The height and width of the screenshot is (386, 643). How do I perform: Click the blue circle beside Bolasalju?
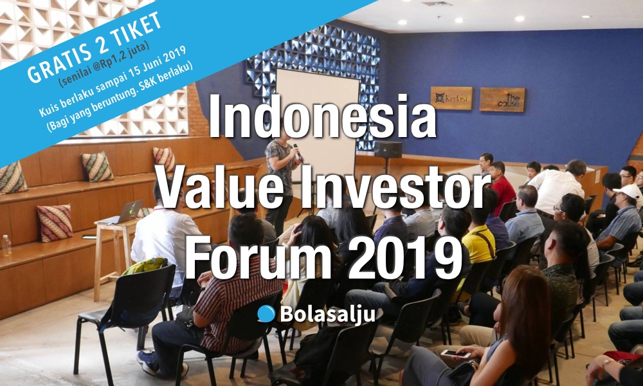[x=266, y=314]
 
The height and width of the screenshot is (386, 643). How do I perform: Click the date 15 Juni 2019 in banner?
[x=158, y=60]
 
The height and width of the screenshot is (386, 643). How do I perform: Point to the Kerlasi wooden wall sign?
[x=451, y=98]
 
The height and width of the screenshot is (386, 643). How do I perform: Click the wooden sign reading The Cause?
[x=502, y=100]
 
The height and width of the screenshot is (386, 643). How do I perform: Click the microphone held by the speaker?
[x=297, y=152]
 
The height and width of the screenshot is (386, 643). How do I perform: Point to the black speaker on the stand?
[x=388, y=149]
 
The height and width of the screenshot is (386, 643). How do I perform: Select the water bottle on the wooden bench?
[x=6, y=245]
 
